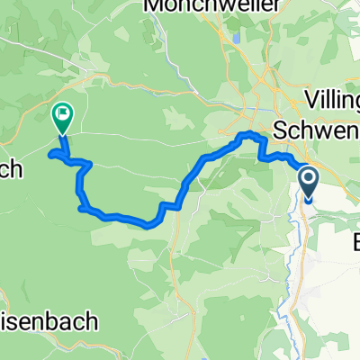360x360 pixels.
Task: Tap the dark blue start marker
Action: point(308,184)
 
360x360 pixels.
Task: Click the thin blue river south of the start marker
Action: point(300,261)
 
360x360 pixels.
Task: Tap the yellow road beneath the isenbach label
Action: point(54,346)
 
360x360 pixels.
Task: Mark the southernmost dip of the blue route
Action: point(146,224)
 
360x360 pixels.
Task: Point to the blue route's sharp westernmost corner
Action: point(52,154)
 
